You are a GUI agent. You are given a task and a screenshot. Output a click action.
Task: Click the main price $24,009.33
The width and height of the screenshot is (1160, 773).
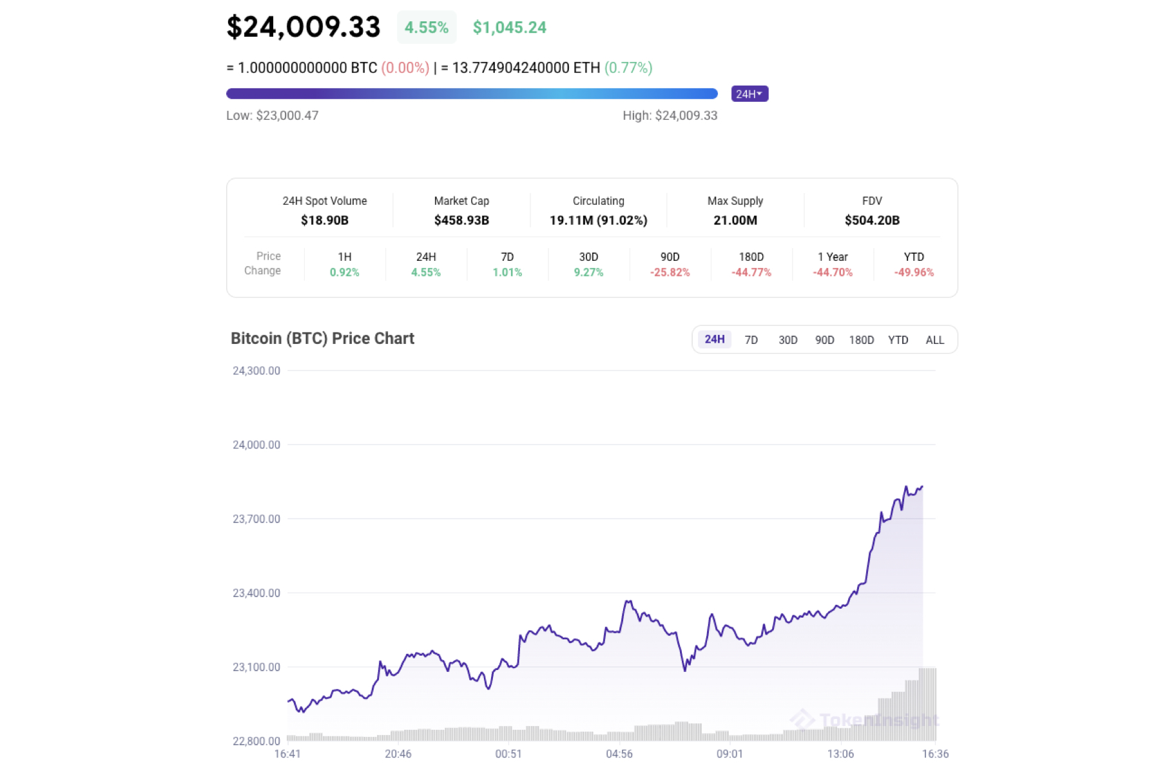pos(304,27)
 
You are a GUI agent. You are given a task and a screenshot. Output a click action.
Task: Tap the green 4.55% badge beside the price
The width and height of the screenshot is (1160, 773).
pos(426,28)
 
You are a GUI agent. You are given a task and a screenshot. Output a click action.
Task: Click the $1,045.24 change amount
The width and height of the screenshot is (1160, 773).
pos(509,28)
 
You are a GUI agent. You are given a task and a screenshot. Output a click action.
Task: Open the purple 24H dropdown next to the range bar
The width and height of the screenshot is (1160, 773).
pos(749,94)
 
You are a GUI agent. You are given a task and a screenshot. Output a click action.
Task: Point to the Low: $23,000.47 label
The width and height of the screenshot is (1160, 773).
pos(272,116)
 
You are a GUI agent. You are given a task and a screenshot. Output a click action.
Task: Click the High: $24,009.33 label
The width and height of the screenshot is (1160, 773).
pos(670,116)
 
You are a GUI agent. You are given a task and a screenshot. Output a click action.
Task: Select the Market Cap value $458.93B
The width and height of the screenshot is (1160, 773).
pos(461,220)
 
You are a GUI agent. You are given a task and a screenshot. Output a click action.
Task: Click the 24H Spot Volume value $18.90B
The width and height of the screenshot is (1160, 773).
pos(325,220)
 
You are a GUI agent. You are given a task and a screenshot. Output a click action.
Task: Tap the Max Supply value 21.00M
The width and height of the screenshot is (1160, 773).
pos(735,220)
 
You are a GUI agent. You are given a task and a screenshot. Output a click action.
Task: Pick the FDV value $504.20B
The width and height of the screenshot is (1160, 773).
pos(872,220)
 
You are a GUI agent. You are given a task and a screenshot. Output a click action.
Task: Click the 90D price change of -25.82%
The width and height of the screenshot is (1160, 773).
pos(670,272)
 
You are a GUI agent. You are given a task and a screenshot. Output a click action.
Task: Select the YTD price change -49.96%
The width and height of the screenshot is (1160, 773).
pos(914,272)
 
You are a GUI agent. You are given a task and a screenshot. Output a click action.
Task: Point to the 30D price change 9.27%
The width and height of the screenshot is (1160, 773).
pos(588,272)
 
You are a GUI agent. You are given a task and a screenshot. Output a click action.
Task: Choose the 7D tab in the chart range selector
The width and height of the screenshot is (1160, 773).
pos(751,340)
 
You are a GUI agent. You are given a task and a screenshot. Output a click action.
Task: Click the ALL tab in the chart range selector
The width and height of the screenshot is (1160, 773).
pos(934,340)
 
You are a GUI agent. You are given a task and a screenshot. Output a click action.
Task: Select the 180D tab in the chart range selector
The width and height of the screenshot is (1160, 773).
pos(861,340)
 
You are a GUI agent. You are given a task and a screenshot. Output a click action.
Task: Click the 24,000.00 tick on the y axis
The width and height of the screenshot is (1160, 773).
pos(256,445)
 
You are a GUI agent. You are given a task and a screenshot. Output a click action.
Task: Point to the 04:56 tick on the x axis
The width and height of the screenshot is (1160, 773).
pos(619,754)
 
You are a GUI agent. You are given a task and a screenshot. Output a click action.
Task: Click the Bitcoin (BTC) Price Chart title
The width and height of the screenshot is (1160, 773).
pos(322,339)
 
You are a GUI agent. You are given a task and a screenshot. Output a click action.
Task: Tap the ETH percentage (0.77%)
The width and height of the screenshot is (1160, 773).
pos(628,68)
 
